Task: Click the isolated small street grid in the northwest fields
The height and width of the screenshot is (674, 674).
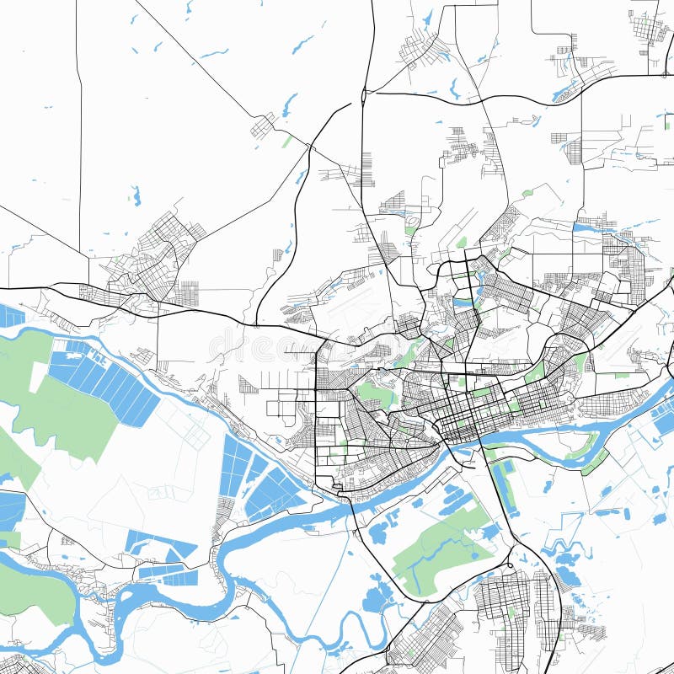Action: (x=262, y=126)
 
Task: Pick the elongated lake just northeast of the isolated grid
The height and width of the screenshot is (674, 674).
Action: (x=290, y=104)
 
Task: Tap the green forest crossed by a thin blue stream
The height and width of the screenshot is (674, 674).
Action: (x=438, y=548)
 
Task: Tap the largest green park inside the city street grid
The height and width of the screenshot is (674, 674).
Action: (x=375, y=393)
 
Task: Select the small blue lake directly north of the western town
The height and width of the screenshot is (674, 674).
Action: (x=135, y=196)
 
